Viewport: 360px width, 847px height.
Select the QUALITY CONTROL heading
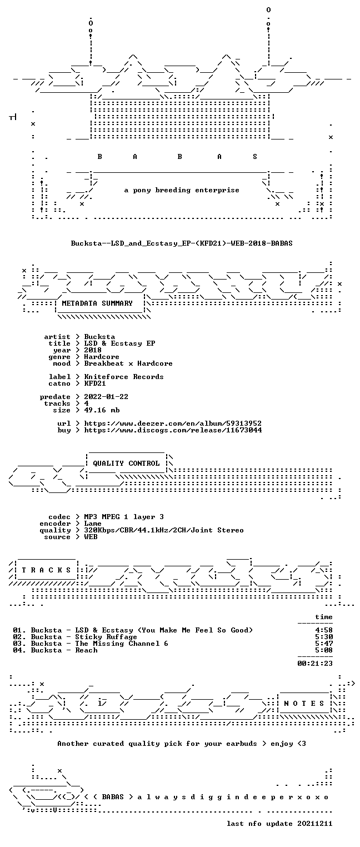coord(126,464)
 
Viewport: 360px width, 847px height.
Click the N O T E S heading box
coord(304,703)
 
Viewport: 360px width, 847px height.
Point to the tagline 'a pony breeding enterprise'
coord(182,190)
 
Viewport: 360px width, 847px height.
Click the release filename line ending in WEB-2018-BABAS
coord(182,243)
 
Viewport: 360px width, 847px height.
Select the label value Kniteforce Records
coord(124,377)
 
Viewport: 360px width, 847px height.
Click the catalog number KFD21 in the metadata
coord(95,383)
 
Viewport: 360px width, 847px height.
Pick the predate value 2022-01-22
coord(106,397)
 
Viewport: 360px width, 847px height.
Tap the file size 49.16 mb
coord(102,410)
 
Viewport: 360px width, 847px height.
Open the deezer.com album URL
coord(173,423)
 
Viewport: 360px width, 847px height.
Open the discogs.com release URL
coord(173,430)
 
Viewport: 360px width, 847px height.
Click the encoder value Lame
coord(93,524)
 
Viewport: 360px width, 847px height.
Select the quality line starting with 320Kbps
coord(164,530)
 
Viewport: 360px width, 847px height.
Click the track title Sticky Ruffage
coord(106,637)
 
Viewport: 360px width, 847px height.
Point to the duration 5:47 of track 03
coord(324,644)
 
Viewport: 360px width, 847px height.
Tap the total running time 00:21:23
coord(315,663)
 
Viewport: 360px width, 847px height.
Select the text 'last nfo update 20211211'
coord(279,824)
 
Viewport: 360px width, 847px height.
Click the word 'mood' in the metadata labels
coord(62,363)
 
